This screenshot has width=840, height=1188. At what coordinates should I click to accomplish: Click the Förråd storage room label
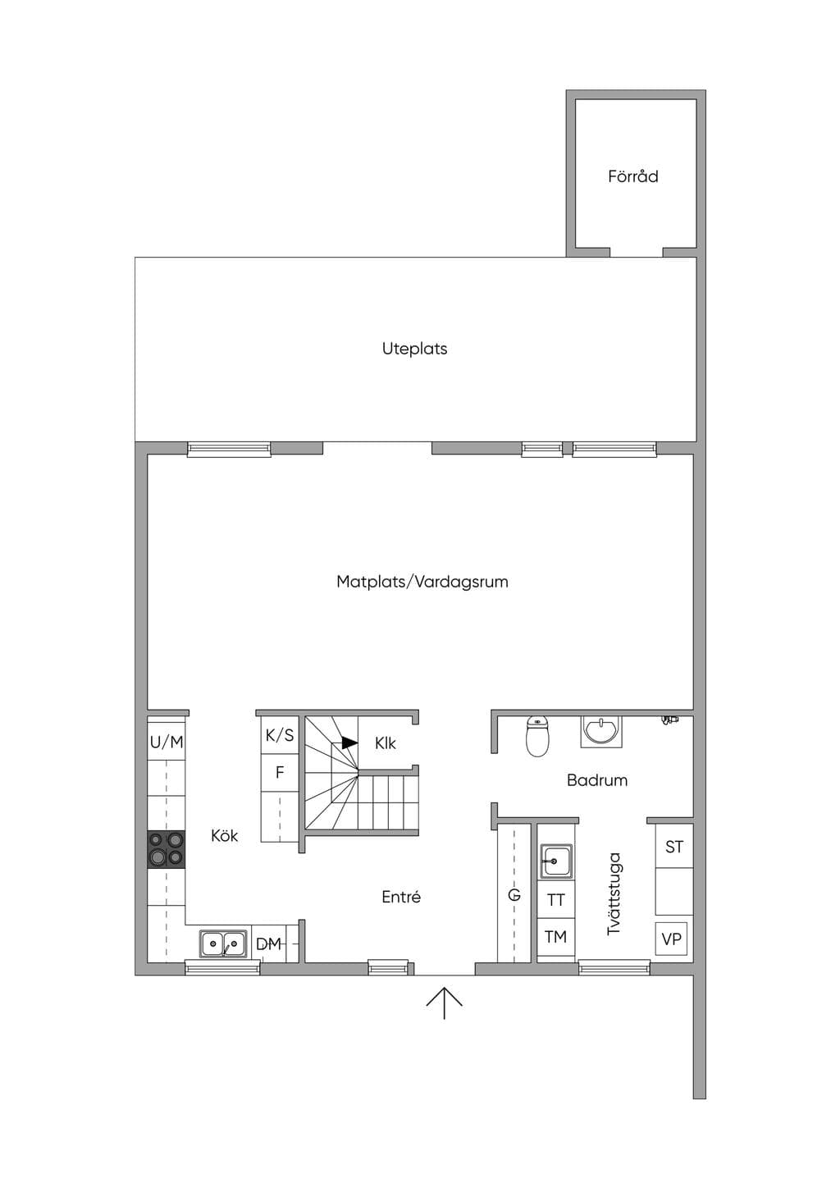click(x=632, y=176)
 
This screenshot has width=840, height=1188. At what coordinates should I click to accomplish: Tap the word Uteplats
click(x=415, y=349)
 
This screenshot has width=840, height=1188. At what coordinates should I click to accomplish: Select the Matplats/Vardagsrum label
click(x=422, y=581)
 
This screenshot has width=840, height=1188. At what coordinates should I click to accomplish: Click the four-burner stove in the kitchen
click(x=167, y=849)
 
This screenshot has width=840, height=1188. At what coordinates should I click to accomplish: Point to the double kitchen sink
click(x=223, y=944)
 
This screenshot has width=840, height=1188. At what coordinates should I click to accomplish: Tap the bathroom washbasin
click(x=601, y=731)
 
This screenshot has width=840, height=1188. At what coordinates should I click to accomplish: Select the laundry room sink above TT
click(x=555, y=861)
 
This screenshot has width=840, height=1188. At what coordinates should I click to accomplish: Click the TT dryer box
click(x=555, y=899)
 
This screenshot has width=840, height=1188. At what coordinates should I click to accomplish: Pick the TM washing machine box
click(x=555, y=937)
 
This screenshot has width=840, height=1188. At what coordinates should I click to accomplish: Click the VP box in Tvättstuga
click(x=671, y=939)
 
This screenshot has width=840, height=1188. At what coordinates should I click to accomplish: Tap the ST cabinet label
click(x=674, y=847)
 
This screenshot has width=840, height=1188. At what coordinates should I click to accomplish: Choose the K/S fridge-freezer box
click(x=280, y=735)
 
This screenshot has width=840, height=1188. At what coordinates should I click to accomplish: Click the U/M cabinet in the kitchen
click(x=167, y=742)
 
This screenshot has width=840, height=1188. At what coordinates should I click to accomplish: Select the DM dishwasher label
click(x=268, y=944)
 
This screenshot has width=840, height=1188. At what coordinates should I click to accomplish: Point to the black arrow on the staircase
click(x=349, y=743)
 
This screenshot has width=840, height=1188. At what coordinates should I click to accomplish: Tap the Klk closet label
click(x=385, y=743)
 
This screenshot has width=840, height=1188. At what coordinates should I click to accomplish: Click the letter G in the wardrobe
click(x=514, y=895)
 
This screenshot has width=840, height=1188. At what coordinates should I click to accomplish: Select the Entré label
click(x=401, y=897)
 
